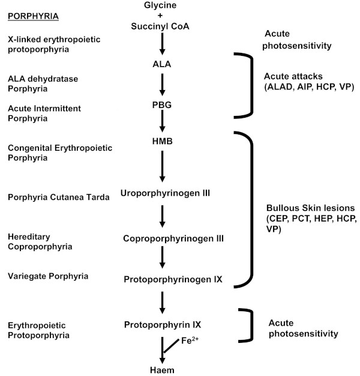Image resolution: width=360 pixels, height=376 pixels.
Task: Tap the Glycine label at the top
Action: pos(161,5)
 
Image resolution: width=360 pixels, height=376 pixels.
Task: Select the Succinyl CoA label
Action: pos(161,26)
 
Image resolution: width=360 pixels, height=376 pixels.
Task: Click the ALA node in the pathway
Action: pos(161,63)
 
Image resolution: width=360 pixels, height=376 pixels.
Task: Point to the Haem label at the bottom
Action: pos(161,370)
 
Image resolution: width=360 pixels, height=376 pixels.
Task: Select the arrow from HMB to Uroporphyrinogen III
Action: pos(161,166)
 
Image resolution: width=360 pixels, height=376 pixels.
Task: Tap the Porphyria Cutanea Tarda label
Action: pos(58,197)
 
